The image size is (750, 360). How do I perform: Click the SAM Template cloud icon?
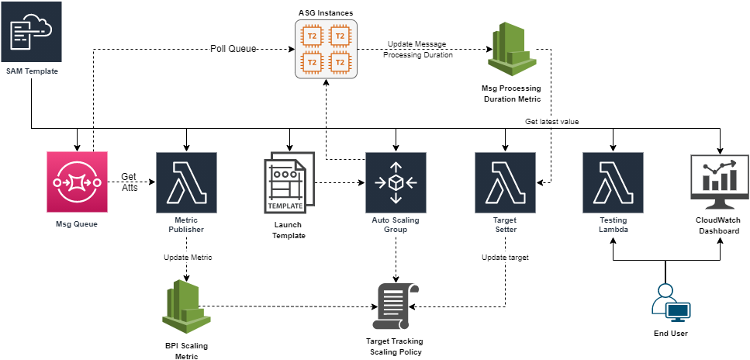[31, 32]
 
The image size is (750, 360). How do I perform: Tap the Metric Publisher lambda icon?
[186, 182]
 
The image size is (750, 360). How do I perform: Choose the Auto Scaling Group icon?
[396, 182]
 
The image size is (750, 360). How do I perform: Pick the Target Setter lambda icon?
[505, 182]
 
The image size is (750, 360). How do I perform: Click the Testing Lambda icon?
[613, 182]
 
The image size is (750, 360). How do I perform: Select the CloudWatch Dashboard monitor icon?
[720, 182]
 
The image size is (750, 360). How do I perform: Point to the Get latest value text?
[551, 122]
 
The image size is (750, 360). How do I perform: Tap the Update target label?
[505, 257]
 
